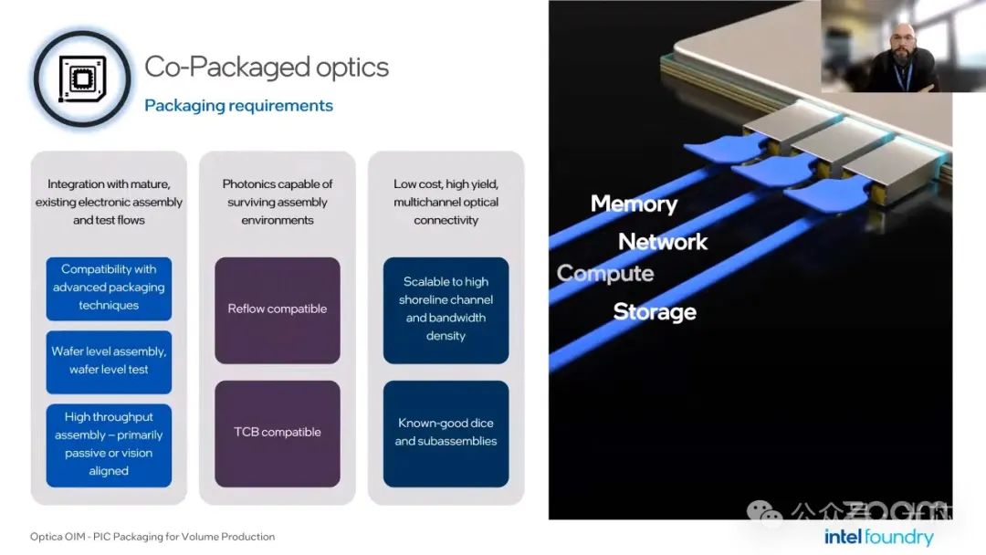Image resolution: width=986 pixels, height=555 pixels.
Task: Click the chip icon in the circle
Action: pyautogui.click(x=82, y=79)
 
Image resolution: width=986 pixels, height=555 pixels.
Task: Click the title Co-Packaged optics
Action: pyautogui.click(x=267, y=67)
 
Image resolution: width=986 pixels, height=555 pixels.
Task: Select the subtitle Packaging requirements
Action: pyautogui.click(x=238, y=106)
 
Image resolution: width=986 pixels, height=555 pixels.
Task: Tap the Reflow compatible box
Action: pyautogui.click(x=278, y=309)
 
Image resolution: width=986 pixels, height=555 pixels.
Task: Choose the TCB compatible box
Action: pyautogui.click(x=278, y=433)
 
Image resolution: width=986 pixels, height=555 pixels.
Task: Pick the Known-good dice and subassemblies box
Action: pyautogui.click(x=446, y=433)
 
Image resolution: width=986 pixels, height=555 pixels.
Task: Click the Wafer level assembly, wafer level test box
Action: pyautogui.click(x=109, y=361)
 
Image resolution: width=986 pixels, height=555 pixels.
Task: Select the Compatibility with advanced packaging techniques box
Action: pyautogui.click(x=109, y=288)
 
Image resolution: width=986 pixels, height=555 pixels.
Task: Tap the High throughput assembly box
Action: pyautogui.click(x=109, y=444)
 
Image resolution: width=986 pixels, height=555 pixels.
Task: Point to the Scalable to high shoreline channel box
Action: pyautogui.click(x=446, y=309)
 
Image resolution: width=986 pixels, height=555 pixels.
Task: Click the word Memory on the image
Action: pyautogui.click(x=634, y=204)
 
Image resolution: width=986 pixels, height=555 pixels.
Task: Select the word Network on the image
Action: pyautogui.click(x=663, y=242)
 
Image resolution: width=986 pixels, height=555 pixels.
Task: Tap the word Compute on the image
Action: pyautogui.click(x=605, y=274)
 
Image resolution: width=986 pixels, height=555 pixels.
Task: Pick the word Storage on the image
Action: pyautogui.click(x=655, y=312)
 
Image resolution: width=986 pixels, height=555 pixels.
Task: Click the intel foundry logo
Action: pyautogui.click(x=878, y=537)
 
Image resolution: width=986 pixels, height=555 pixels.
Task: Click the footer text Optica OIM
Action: pyautogui.click(x=152, y=537)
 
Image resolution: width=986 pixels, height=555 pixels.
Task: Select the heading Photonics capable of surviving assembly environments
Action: pyautogui.click(x=278, y=202)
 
